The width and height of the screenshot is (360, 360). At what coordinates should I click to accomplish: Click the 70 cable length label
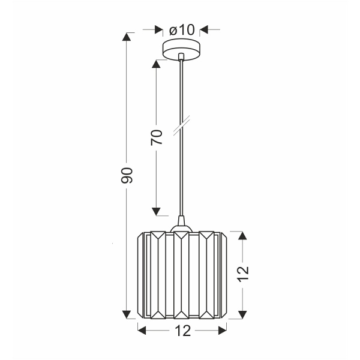(x=157, y=137)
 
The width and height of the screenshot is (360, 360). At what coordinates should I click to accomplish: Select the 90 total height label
(x=126, y=175)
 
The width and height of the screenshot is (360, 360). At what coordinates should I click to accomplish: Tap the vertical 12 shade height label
(x=243, y=274)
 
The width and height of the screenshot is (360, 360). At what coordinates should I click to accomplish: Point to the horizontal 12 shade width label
(x=182, y=329)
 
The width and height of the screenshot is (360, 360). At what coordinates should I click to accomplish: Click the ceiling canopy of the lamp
(x=181, y=49)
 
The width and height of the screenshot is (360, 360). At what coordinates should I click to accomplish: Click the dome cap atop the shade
(x=181, y=227)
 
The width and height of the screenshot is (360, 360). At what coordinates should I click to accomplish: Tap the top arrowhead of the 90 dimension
(x=127, y=37)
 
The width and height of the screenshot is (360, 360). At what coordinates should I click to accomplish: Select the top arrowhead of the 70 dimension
(x=157, y=64)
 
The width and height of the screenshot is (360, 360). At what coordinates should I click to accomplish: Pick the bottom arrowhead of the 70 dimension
(x=157, y=211)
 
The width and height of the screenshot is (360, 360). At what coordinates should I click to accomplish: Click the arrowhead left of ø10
(x=158, y=28)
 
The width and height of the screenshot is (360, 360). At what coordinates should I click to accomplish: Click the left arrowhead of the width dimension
(x=142, y=329)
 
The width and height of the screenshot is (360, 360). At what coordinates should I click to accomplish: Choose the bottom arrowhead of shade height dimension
(x=242, y=314)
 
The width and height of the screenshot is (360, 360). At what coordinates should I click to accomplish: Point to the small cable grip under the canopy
(x=181, y=58)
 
